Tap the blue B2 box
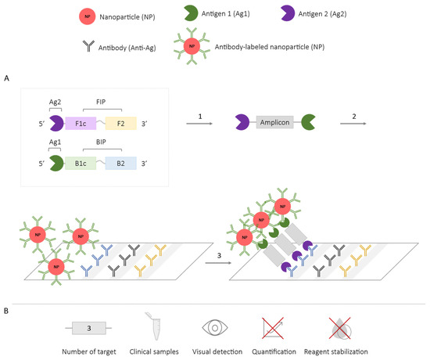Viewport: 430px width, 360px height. pyautogui.click(x=121, y=164)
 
